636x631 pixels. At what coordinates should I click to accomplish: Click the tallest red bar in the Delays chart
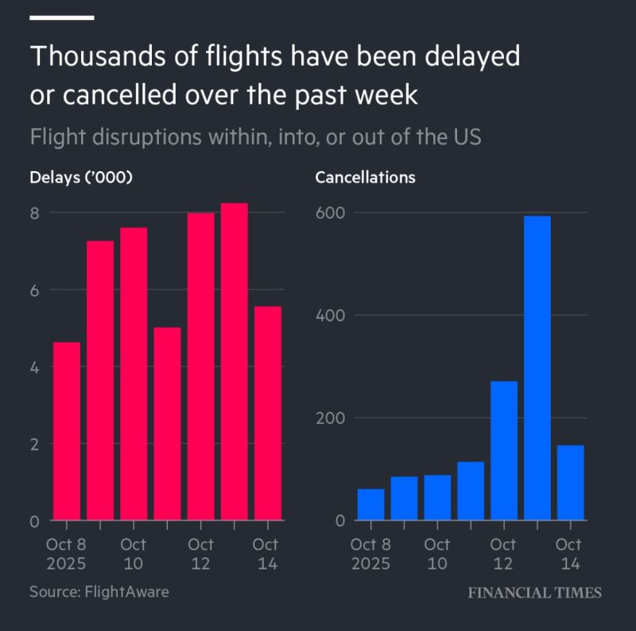[x=234, y=362]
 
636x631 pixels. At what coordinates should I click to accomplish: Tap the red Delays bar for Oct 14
[x=267, y=413]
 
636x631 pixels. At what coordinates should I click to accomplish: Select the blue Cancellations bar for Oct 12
[x=504, y=450]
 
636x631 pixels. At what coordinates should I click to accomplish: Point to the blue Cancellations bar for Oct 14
[x=570, y=482]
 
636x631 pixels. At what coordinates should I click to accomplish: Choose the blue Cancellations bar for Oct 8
[x=370, y=504]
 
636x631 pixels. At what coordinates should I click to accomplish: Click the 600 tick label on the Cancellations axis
[x=333, y=213]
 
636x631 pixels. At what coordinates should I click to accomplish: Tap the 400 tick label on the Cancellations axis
[x=333, y=316]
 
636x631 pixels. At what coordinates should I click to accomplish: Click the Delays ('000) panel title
[x=80, y=177]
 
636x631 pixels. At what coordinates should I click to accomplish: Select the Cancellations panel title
[x=365, y=177]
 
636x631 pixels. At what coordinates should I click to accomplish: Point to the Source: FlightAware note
[x=99, y=591]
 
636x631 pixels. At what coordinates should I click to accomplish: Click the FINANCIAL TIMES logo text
[x=533, y=592]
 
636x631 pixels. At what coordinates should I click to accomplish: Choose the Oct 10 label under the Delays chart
[x=134, y=554]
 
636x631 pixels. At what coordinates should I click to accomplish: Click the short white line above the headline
[x=62, y=17]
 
